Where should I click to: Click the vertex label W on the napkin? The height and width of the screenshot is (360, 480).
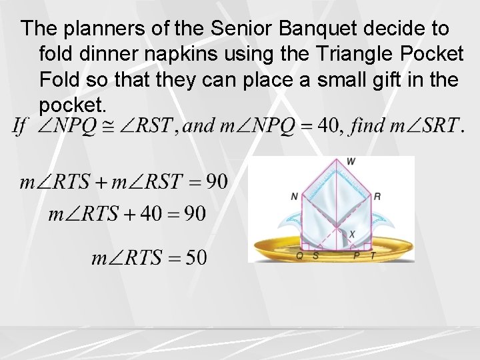click(351, 161)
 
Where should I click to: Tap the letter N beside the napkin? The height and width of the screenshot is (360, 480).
click(294, 196)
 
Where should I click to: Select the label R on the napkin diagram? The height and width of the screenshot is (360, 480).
click(377, 196)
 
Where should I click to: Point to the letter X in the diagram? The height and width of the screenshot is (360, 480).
click(352, 233)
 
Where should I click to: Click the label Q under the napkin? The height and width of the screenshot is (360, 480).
click(299, 255)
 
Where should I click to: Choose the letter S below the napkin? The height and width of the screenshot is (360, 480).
click(315, 255)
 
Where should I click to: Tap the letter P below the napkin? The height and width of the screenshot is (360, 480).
click(357, 255)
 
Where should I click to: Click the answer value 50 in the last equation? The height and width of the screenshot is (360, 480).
click(195, 257)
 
